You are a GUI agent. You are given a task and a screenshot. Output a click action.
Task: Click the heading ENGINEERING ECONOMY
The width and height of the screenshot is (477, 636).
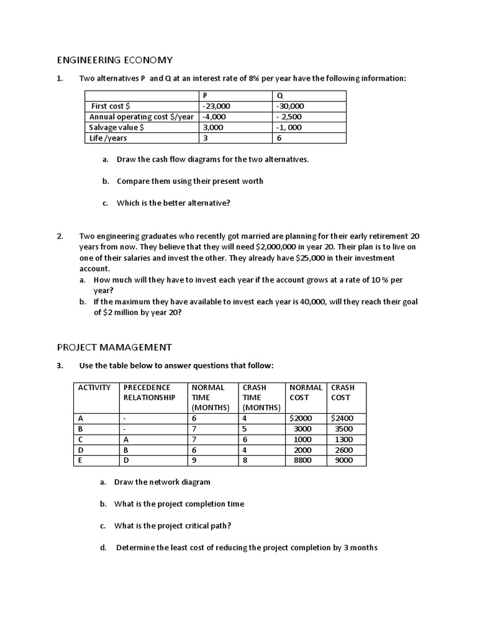[x=114, y=60]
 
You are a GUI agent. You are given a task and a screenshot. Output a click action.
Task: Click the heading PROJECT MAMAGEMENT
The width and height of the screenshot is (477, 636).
[x=114, y=347]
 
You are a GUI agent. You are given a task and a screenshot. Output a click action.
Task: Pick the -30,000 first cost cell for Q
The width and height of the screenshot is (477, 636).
[x=290, y=106]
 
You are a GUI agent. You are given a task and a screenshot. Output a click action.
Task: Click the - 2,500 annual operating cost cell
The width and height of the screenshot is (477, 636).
[x=289, y=117]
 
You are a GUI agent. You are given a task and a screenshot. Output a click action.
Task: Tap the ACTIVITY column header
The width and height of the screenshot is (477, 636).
[x=94, y=387]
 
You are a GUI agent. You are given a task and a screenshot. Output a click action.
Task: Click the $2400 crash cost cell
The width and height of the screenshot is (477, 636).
[x=342, y=418]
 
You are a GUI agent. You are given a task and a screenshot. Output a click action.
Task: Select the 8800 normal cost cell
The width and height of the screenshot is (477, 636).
[x=303, y=460]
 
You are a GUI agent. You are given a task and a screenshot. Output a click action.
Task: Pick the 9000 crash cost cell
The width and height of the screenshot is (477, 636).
[x=343, y=460]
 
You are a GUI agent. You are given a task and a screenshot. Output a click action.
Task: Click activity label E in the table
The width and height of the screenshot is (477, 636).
[x=81, y=460]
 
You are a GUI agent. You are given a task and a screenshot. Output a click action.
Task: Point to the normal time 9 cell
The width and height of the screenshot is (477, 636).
[x=194, y=460]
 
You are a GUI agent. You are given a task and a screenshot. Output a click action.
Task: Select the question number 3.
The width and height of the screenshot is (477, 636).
[x=60, y=365]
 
